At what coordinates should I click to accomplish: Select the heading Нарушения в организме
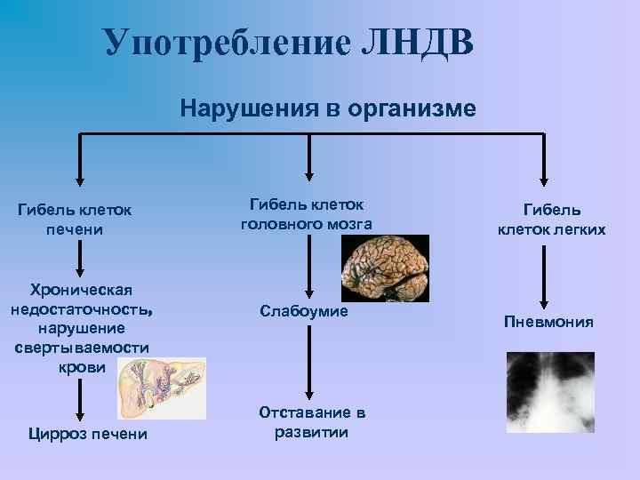pos(327,108)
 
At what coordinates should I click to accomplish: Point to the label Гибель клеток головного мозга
pos(307,214)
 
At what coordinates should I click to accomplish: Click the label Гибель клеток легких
pos(551,220)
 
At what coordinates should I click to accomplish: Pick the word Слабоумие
pos(304,311)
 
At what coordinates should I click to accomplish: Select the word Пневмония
pos(548,321)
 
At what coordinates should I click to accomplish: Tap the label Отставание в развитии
pos(312,422)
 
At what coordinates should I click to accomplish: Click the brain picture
pos(386,268)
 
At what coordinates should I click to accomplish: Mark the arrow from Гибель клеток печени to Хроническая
pos(81,258)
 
